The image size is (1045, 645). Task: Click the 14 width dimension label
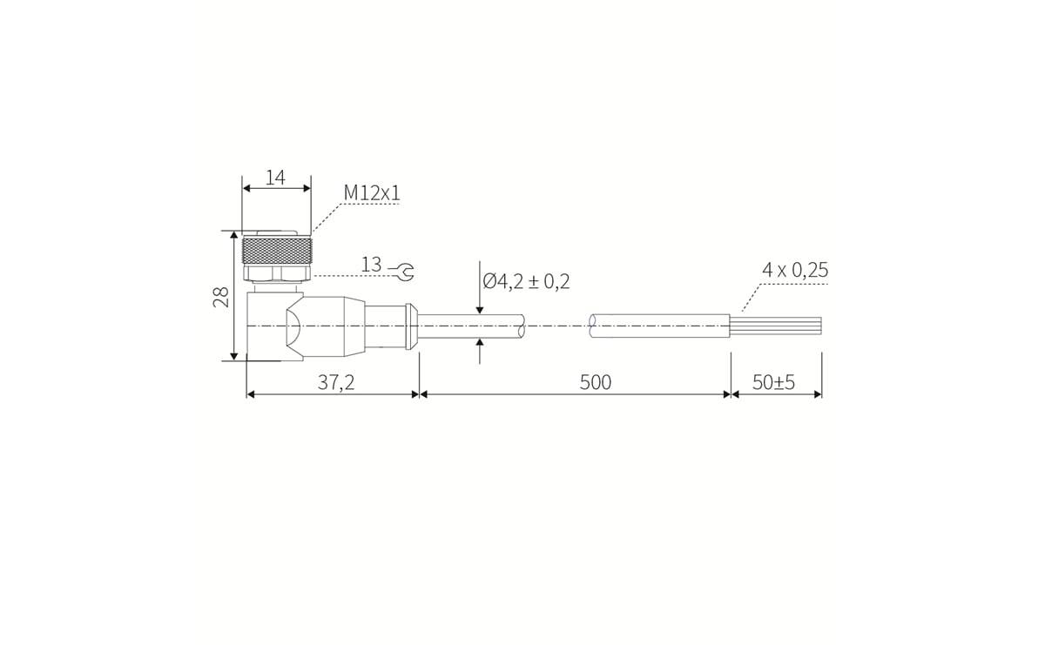pyautogui.click(x=275, y=178)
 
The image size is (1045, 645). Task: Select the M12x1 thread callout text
pyautogui.click(x=372, y=192)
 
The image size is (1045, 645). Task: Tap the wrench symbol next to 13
pyautogui.click(x=402, y=272)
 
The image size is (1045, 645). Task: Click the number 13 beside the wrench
pyautogui.click(x=371, y=265)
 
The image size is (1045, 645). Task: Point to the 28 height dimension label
pyautogui.click(x=221, y=297)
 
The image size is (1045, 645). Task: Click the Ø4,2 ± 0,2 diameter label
pyautogui.click(x=527, y=281)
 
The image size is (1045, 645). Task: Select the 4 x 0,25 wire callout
pyautogui.click(x=795, y=270)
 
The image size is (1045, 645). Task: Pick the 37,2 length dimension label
pyautogui.click(x=335, y=382)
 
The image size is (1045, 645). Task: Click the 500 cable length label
pyautogui.click(x=596, y=382)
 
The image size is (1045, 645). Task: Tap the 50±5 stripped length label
pyautogui.click(x=774, y=382)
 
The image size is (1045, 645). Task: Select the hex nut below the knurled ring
pyautogui.click(x=275, y=274)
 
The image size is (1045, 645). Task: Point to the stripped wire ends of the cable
pyautogui.click(x=776, y=326)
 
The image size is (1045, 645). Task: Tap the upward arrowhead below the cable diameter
pyautogui.click(x=480, y=344)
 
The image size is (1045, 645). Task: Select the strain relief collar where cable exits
pyautogui.click(x=408, y=326)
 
